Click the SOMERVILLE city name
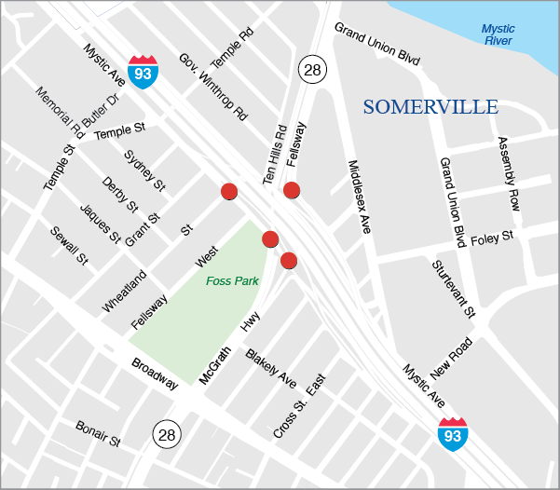[x=430, y=107]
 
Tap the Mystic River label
[x=498, y=34]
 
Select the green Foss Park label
[x=232, y=280]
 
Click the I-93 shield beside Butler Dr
[x=143, y=71]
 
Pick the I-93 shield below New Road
[x=454, y=433]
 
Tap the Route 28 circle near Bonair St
[x=166, y=433]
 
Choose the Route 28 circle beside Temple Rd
[x=311, y=68]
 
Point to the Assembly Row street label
[x=508, y=173]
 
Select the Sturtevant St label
[x=454, y=287]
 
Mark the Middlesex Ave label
[x=359, y=196]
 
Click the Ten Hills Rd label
[x=272, y=155]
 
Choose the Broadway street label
[x=154, y=374]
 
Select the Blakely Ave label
[x=271, y=368]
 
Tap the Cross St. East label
[x=300, y=406]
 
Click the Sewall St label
[x=69, y=246]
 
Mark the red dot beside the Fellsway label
[x=292, y=190]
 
